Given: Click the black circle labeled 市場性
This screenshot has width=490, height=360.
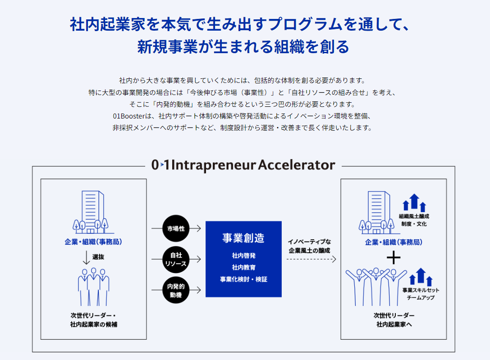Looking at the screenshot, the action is click(x=176, y=228).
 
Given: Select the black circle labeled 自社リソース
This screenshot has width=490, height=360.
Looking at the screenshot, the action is click(x=176, y=259).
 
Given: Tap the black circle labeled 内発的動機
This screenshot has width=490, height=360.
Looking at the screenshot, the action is click(x=176, y=290).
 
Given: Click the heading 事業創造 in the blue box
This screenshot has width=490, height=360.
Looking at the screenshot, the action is click(x=243, y=238).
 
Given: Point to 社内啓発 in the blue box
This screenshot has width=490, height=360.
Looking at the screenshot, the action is click(x=244, y=255).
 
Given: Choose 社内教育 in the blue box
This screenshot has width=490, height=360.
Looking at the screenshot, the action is click(x=244, y=267).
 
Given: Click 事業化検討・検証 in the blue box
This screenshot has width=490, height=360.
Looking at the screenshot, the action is click(x=244, y=279).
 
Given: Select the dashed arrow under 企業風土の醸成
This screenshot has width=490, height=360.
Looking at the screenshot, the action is click(x=311, y=259).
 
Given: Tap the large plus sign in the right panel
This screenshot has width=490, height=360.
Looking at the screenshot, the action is click(x=394, y=258).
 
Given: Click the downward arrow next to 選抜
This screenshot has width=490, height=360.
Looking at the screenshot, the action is click(x=86, y=257).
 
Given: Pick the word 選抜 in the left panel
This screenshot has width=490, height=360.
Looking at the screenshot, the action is click(x=98, y=257).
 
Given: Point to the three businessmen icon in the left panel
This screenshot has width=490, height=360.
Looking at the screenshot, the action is click(x=93, y=287).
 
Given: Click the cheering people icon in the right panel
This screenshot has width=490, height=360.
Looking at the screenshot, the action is click(x=376, y=287).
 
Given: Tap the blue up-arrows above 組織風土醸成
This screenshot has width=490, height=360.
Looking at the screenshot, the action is click(x=414, y=203).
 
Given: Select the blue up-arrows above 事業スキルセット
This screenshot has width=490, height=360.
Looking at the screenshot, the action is click(x=421, y=277).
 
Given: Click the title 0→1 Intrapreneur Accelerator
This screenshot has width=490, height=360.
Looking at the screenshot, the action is click(x=243, y=165).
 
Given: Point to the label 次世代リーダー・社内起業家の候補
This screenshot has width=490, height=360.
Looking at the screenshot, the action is click(x=93, y=320).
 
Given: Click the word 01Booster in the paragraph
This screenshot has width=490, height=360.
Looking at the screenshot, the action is click(x=129, y=116).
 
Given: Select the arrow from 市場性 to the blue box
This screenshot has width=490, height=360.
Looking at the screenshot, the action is click(x=195, y=228).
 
